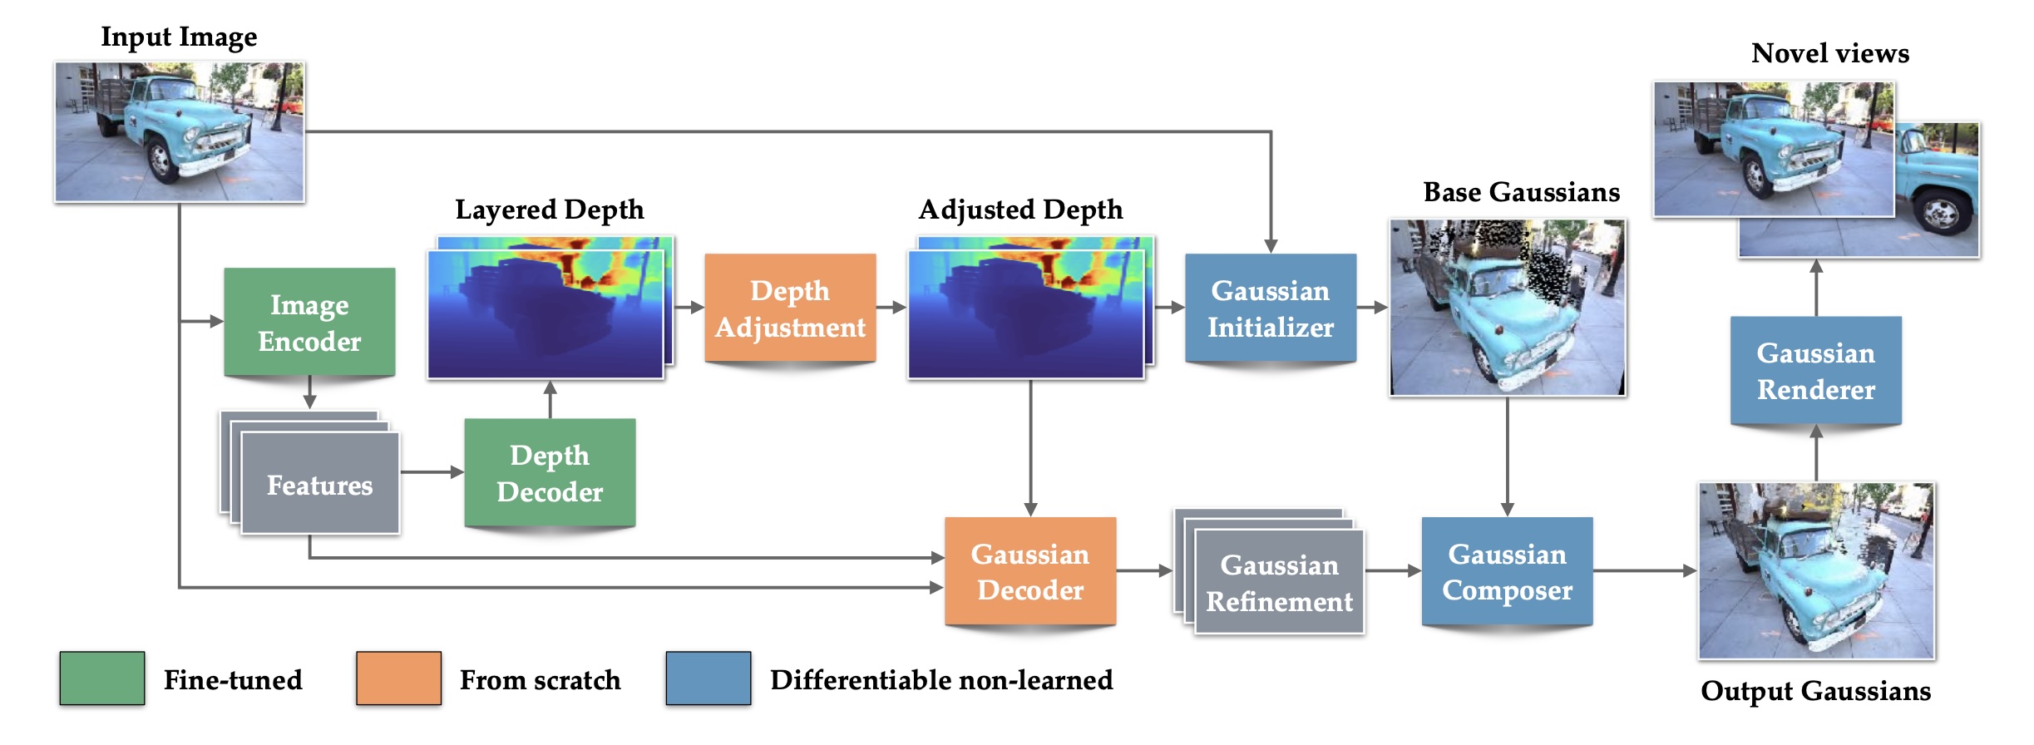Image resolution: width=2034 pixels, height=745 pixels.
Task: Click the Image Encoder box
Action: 309,323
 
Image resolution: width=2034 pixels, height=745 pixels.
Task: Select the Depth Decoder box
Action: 550,473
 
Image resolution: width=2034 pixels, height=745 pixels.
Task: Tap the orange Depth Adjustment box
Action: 790,308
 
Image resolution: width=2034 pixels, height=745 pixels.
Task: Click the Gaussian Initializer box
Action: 1270,308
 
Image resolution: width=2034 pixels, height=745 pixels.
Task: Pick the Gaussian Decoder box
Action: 1029,571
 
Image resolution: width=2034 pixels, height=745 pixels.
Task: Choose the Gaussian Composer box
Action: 1507,571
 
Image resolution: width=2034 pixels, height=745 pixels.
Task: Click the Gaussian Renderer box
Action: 1815,371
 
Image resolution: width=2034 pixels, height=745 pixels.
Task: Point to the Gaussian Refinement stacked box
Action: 1279,583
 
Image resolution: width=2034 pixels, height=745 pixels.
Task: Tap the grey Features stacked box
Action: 319,484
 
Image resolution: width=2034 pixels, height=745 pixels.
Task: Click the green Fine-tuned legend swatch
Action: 102,678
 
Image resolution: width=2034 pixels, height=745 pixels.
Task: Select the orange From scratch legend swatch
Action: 398,678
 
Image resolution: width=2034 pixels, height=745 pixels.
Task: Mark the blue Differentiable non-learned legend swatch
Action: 708,678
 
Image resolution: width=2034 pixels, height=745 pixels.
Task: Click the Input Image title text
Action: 179,37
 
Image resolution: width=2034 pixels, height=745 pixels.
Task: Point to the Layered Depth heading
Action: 550,210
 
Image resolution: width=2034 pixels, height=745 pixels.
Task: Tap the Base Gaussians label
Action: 1521,192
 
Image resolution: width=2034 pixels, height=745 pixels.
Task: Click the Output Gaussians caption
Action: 1815,691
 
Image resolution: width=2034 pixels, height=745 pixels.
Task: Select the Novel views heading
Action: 1829,53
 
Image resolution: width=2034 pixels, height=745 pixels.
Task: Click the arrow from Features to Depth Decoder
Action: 432,472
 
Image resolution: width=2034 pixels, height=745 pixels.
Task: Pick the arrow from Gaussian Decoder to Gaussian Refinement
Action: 1143,571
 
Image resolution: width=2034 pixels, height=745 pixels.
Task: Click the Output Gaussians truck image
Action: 1816,571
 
